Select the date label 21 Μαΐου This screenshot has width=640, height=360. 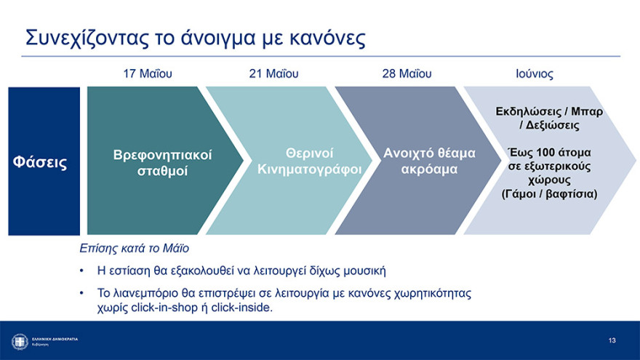[273, 74]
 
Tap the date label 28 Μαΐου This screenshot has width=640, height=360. [407, 74]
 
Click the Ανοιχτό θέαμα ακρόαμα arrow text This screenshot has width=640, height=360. [429, 161]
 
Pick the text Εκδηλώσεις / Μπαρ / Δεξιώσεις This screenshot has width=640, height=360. [549, 119]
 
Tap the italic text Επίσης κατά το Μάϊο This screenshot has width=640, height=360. [134, 249]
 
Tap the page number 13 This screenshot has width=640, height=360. [612, 340]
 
